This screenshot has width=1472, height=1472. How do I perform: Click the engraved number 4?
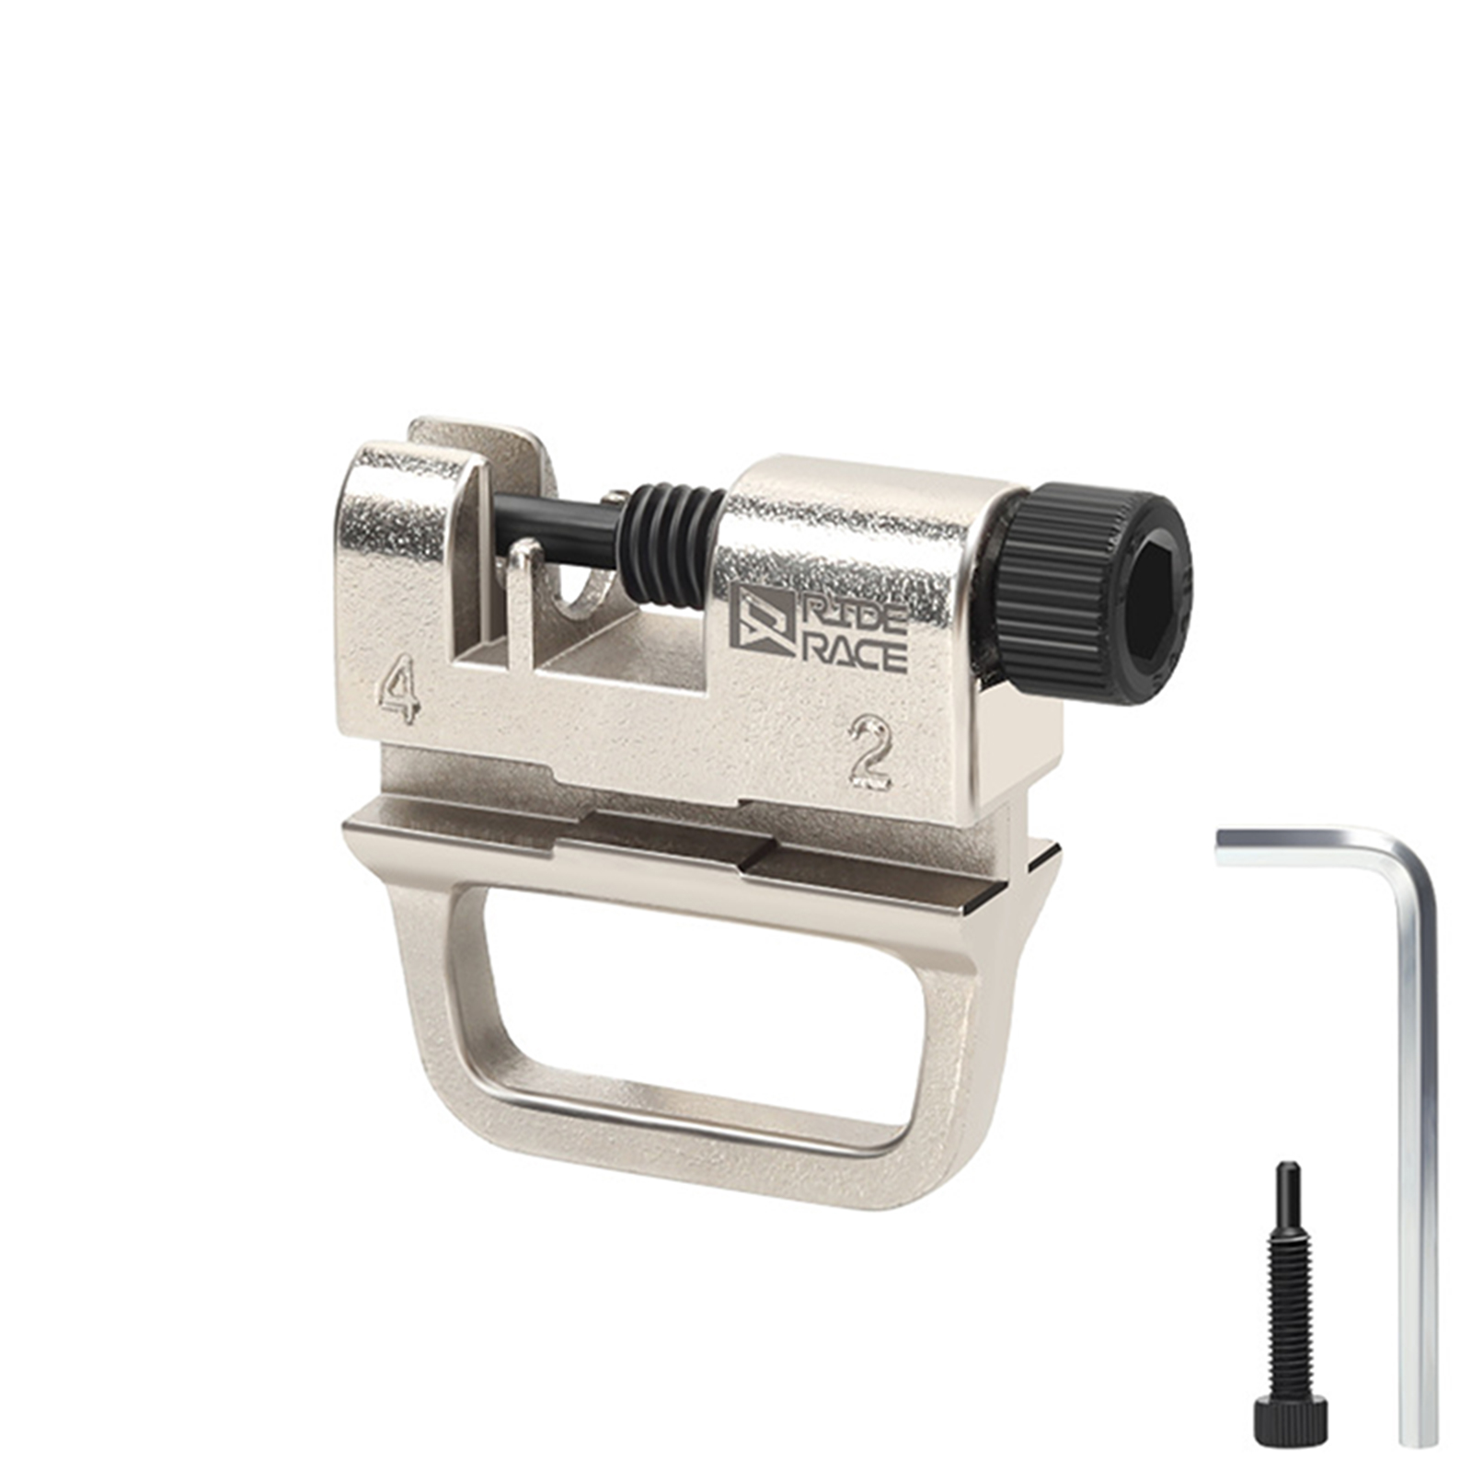(399, 687)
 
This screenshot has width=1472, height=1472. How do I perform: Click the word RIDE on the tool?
(854, 613)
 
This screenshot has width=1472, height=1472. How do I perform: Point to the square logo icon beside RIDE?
(762, 620)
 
